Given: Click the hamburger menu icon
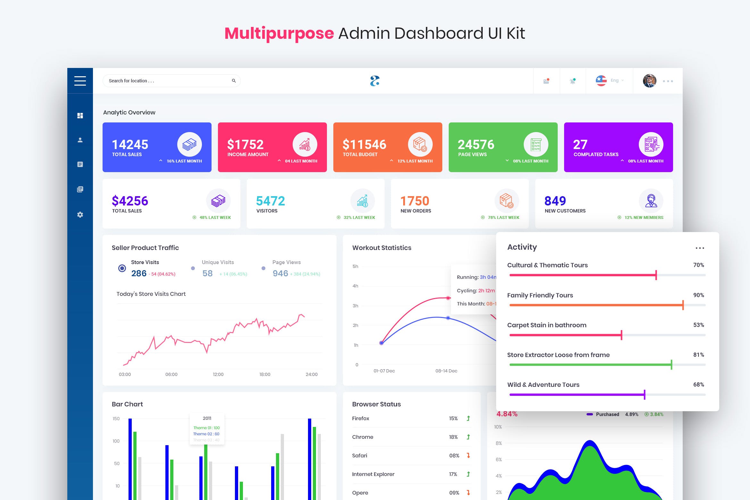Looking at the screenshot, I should [80, 81].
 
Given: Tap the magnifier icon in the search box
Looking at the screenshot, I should [234, 81].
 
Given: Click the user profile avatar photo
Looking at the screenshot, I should [649, 81].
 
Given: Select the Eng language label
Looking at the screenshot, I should [614, 80].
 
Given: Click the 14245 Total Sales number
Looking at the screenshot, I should [130, 145].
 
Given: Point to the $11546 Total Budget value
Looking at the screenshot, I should [364, 145].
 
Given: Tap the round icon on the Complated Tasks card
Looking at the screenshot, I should [651, 145].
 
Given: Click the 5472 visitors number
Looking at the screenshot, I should [271, 201].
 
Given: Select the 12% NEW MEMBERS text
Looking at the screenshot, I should [644, 218].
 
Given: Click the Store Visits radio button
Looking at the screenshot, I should [122, 268].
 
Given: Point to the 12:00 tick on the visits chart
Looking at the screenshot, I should [218, 374].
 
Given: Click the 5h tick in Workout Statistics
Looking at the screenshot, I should [355, 266].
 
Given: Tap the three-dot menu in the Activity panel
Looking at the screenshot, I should [700, 248].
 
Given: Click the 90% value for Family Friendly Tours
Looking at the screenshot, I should [698, 295].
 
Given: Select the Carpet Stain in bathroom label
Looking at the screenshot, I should [546, 325].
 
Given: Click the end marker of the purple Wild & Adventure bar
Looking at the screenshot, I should [645, 395].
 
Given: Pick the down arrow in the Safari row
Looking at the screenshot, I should [468, 455].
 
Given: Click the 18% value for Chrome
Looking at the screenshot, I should [453, 437].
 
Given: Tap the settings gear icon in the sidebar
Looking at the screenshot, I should [80, 215].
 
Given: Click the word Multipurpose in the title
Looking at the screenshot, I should [279, 33].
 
